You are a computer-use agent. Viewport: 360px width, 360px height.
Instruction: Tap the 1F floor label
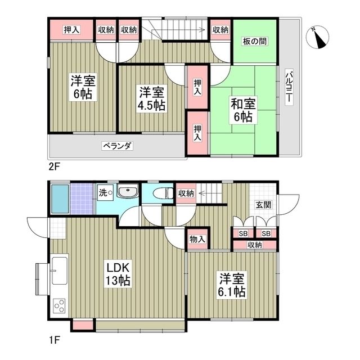53,340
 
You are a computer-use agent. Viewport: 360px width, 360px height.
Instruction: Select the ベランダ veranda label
117,146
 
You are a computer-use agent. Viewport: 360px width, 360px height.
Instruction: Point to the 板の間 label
255,40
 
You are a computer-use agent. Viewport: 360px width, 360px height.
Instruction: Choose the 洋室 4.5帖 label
152,98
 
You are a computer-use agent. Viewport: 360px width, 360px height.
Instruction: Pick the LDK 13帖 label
119,273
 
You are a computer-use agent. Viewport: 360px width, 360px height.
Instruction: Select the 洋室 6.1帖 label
232,285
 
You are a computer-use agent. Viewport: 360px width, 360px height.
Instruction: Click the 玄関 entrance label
263,205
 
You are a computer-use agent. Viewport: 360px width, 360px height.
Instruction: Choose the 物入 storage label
197,240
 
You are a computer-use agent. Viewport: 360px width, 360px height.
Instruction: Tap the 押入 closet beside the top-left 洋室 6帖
71,30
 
